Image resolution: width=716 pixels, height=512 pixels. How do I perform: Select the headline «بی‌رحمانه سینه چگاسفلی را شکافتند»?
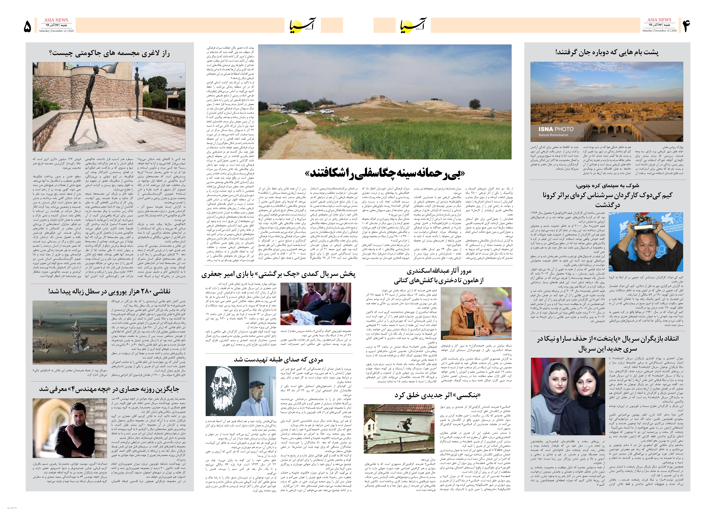click(385, 173)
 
